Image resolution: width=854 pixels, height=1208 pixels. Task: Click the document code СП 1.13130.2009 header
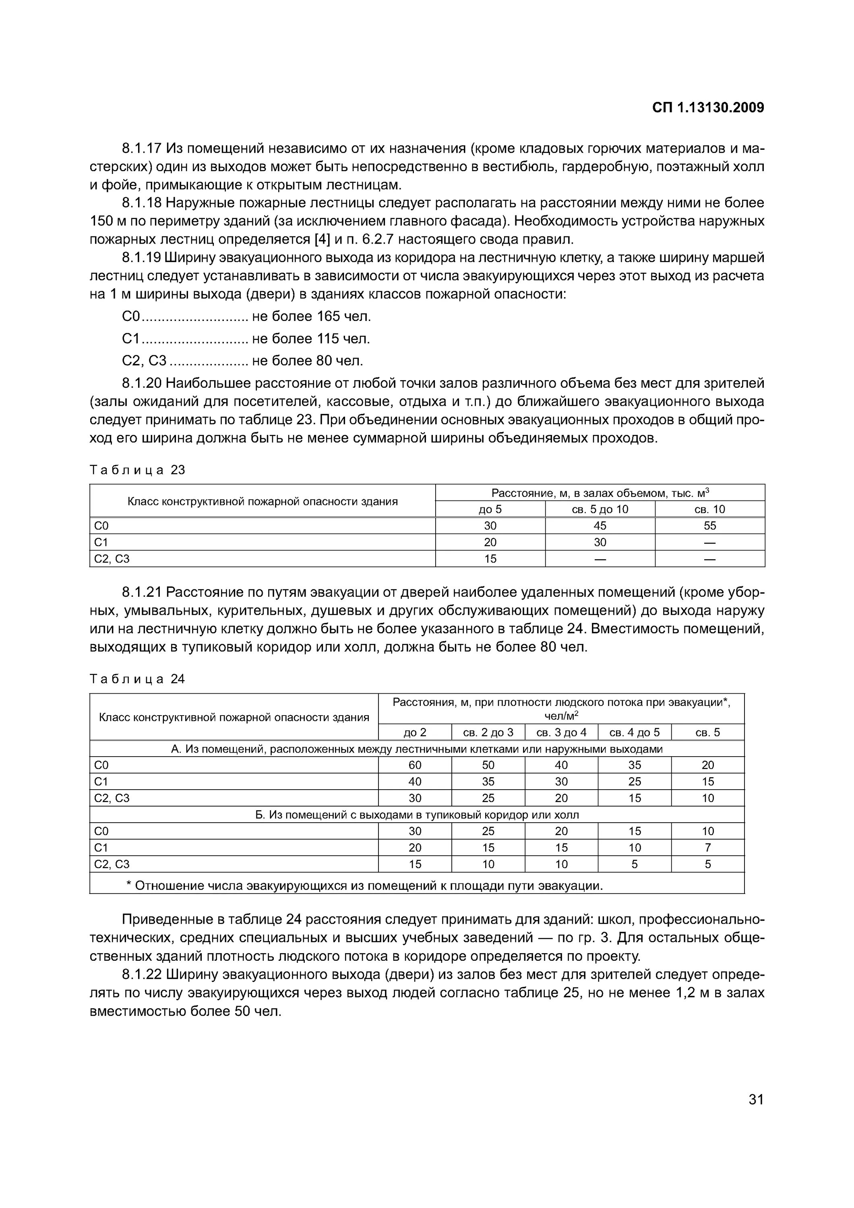pos(708,108)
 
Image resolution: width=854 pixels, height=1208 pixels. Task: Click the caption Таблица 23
pos(137,470)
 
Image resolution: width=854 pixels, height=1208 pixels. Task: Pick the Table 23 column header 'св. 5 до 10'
pos(600,509)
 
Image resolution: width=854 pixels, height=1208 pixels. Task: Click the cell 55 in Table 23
pos(710,525)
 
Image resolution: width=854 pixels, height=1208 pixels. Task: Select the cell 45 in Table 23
pos(600,525)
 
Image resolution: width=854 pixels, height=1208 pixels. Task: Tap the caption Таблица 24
pos(137,679)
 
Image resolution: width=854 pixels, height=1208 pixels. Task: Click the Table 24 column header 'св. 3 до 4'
pos(561,732)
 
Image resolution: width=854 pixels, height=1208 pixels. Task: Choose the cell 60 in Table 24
pos(415,765)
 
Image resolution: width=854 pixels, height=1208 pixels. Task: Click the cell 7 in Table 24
pos(708,848)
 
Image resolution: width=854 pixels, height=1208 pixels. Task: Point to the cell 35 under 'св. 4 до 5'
pos(635,765)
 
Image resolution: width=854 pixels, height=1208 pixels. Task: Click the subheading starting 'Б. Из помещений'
pos(417,815)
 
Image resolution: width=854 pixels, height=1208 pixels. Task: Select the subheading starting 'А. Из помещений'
pos(417,749)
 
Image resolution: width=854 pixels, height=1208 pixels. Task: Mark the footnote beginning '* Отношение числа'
pos(364,886)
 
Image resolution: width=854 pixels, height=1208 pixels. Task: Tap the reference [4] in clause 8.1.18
pos(321,240)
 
